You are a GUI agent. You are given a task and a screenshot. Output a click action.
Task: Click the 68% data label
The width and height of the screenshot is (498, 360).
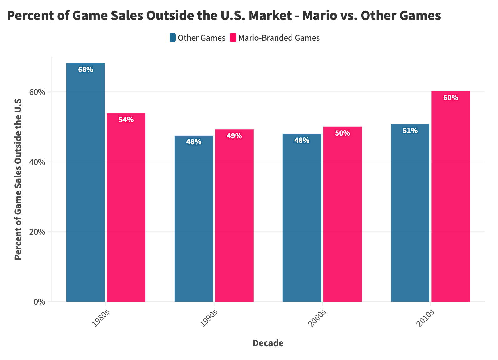85,70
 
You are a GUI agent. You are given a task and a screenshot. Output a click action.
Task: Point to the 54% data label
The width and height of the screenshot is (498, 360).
126,120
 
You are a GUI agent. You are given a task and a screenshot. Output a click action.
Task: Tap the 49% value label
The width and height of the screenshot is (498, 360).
234,136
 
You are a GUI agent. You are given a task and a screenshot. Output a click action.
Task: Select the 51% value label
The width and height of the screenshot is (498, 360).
410,131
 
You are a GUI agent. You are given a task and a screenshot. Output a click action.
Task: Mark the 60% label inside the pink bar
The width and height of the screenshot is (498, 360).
451,98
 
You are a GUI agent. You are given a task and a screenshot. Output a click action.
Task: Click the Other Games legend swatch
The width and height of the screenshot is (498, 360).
173,38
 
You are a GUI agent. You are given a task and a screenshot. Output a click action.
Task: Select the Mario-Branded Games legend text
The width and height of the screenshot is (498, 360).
279,38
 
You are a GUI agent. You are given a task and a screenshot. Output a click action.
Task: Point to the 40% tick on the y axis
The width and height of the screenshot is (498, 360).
38,162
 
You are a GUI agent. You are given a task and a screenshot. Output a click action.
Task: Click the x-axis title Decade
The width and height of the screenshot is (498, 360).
268,343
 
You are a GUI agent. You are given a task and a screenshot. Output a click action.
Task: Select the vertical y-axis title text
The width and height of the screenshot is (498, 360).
18,179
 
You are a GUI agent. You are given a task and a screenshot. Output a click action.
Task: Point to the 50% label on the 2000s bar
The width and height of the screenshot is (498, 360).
342,133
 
